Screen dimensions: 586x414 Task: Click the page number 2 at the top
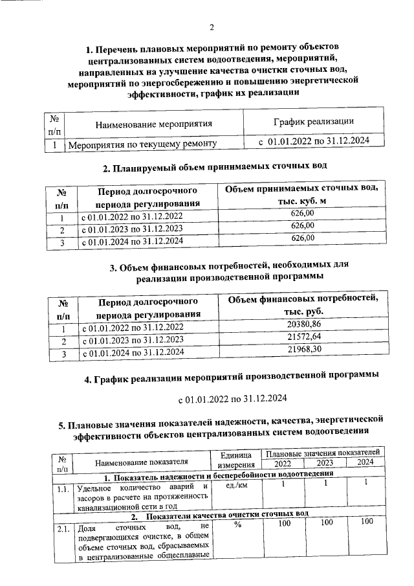click(x=211, y=27)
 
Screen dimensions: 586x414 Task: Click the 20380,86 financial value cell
click(x=303, y=324)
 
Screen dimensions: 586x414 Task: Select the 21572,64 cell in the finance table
click(x=303, y=338)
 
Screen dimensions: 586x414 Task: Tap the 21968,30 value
click(x=303, y=350)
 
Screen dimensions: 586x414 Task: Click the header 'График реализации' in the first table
click(x=313, y=122)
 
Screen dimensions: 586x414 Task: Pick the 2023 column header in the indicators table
click(x=326, y=462)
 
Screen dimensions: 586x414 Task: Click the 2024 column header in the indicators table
click(x=365, y=462)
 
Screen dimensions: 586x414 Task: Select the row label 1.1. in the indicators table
click(x=62, y=490)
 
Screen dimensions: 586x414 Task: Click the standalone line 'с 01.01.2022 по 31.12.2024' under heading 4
click(x=232, y=398)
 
